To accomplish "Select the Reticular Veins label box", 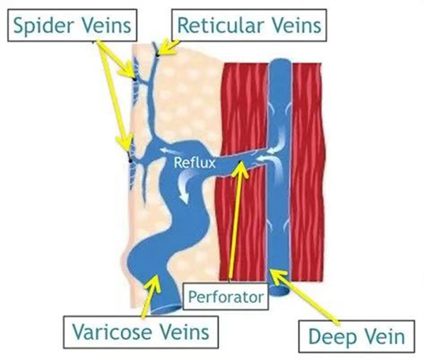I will click(249, 26).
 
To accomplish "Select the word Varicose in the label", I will click(112, 331).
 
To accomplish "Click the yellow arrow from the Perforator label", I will click(239, 226).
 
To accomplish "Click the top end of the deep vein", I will click(281, 64).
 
